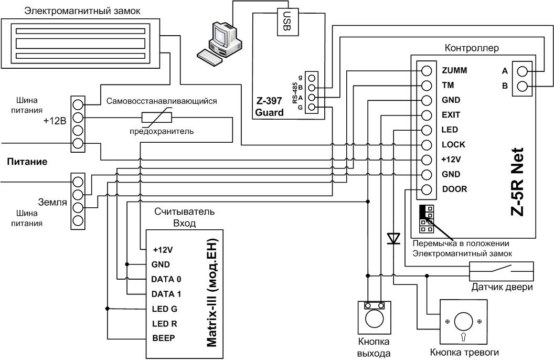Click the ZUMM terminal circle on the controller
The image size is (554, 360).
click(427, 71)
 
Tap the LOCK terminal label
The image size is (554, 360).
click(453, 144)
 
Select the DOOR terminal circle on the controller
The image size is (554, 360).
click(427, 189)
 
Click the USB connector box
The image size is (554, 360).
click(287, 22)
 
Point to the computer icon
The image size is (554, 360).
click(220, 43)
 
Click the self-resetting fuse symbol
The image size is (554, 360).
click(156, 118)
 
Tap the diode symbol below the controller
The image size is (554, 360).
click(393, 238)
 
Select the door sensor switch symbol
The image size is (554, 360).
click(501, 271)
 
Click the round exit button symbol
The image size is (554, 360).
click(375, 317)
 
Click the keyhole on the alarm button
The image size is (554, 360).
click(463, 336)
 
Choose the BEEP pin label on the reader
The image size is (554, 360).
click(164, 338)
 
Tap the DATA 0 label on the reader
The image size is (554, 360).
click(166, 279)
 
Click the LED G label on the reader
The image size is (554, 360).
click(165, 309)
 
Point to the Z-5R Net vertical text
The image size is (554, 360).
click(517, 182)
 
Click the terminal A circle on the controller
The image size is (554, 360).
click(522, 71)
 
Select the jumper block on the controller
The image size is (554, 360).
click(427, 219)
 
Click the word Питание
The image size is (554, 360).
click(27, 162)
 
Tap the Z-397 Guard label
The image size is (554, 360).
click(269, 107)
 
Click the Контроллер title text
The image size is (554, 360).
click(471, 48)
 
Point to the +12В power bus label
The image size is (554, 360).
click(55, 121)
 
